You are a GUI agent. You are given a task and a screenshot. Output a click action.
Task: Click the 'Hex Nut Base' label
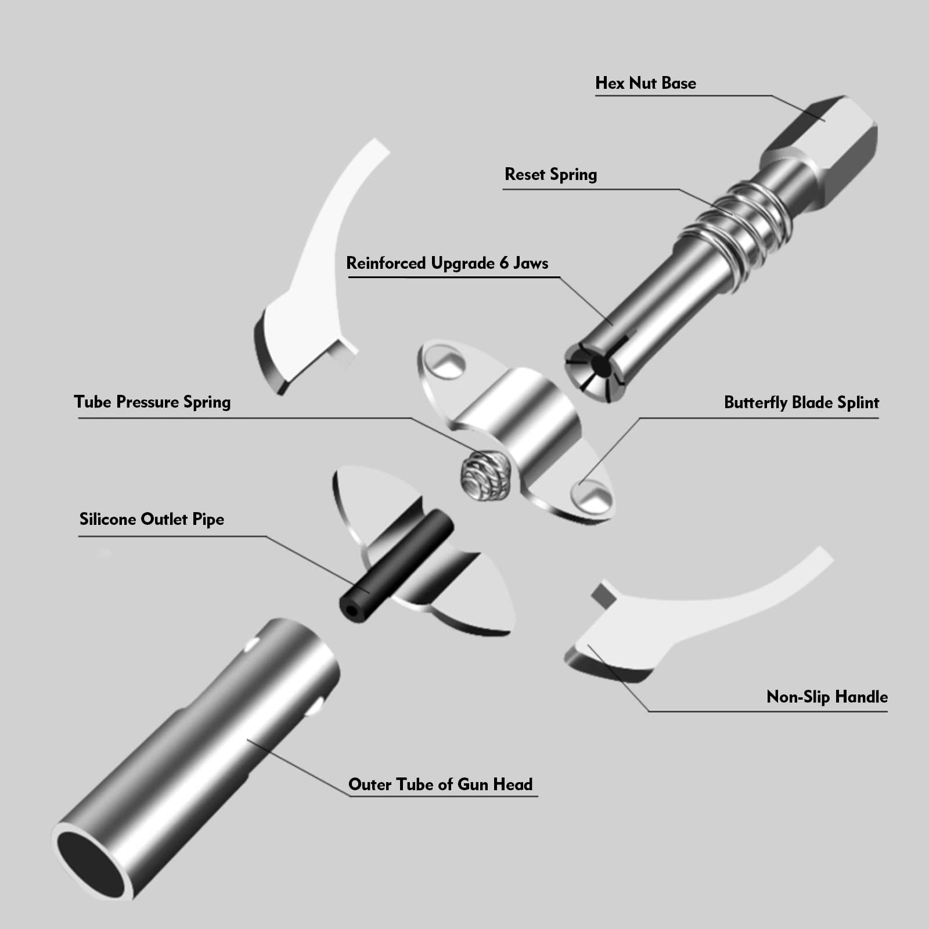(646, 83)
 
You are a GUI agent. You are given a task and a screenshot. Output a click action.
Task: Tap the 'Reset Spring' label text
(550, 174)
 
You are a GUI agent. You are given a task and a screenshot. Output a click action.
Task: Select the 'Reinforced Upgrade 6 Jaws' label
(447, 263)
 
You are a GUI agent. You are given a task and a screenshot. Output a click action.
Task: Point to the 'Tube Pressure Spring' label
(152, 402)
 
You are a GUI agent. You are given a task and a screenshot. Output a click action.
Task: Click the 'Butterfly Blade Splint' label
(801, 402)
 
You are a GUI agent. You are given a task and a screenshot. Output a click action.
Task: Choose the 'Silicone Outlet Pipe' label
(152, 519)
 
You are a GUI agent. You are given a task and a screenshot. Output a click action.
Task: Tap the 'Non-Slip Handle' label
(827, 697)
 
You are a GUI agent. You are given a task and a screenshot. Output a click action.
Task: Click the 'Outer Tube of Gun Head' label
(440, 784)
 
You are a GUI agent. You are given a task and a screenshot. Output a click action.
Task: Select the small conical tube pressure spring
(485, 475)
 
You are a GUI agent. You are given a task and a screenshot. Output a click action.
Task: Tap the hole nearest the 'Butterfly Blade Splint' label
(592, 494)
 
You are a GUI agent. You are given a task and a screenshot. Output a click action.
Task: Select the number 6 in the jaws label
(504, 263)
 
